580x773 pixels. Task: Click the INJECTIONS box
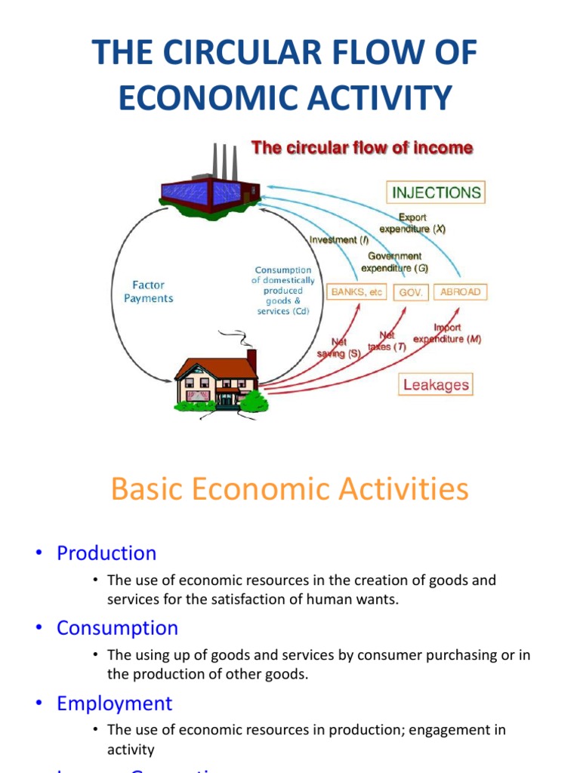436,192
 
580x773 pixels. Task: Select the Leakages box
436,385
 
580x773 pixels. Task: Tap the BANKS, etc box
357,292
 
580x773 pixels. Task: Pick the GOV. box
412,292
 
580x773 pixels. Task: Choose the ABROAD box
460,292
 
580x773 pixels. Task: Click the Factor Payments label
148,291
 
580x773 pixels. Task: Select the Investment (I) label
339,240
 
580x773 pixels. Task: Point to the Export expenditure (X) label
412,223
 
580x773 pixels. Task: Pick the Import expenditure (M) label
447,334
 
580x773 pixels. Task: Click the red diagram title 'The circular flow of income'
362,149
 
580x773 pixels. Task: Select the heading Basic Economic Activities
289,489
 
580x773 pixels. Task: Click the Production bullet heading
106,553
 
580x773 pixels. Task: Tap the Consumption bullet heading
117,628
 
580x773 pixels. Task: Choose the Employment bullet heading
114,704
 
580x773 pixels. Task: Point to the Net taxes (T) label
387,341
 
